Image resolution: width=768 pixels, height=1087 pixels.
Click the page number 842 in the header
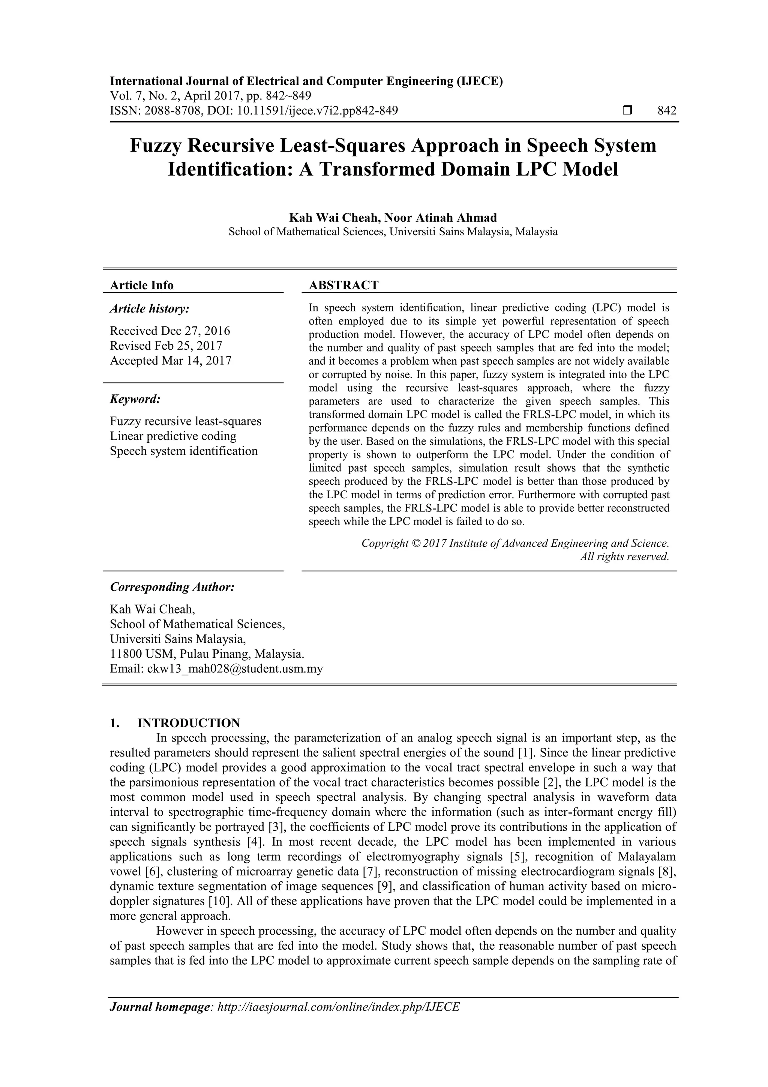(667, 111)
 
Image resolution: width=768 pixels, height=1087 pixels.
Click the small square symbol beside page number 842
(627, 111)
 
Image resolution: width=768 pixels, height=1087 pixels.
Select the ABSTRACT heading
(343, 285)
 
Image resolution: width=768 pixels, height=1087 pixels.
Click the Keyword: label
(135, 399)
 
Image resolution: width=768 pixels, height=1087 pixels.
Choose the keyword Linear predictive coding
(173, 436)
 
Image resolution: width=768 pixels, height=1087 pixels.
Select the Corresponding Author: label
(172, 587)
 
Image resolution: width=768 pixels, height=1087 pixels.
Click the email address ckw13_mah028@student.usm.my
(235, 669)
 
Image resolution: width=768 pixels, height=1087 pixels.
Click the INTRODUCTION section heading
(188, 723)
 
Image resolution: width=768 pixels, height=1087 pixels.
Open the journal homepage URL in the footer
(338, 1020)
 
